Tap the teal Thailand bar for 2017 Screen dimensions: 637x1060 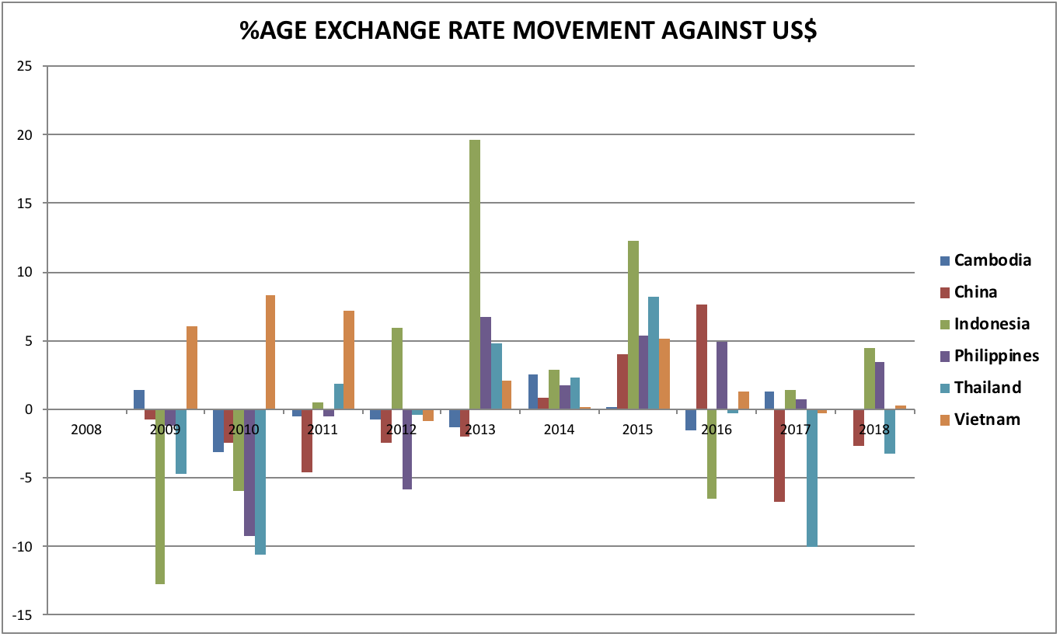click(x=811, y=478)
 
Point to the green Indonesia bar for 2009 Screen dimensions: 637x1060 click(x=160, y=496)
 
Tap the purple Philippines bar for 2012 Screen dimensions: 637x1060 click(x=406, y=449)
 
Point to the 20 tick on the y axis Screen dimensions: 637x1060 click(x=25, y=135)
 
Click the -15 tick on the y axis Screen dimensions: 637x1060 click(x=23, y=615)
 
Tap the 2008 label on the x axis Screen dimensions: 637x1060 click(x=85, y=430)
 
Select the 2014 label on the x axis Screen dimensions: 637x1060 click(x=559, y=430)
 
